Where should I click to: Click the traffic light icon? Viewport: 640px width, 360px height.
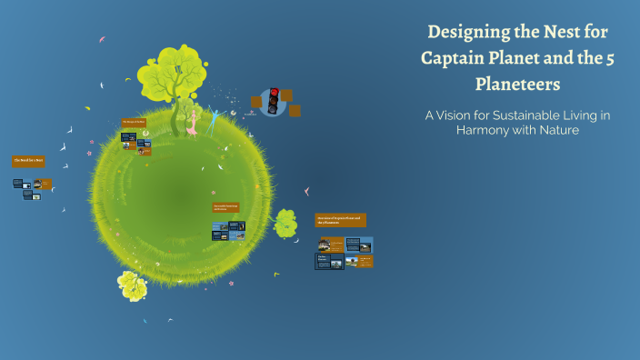(x=274, y=101)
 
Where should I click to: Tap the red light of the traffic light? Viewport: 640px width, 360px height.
(x=274, y=93)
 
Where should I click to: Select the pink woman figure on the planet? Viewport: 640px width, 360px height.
(x=192, y=122)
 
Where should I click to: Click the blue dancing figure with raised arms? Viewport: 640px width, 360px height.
(x=215, y=119)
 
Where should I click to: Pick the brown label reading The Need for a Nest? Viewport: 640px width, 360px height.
(x=28, y=161)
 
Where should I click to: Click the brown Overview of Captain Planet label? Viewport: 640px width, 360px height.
(x=341, y=220)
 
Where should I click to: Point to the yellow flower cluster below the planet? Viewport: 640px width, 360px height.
(x=133, y=285)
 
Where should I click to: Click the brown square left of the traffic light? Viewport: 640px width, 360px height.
(x=256, y=101)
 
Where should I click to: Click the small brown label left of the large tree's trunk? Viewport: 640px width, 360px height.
(x=135, y=121)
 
